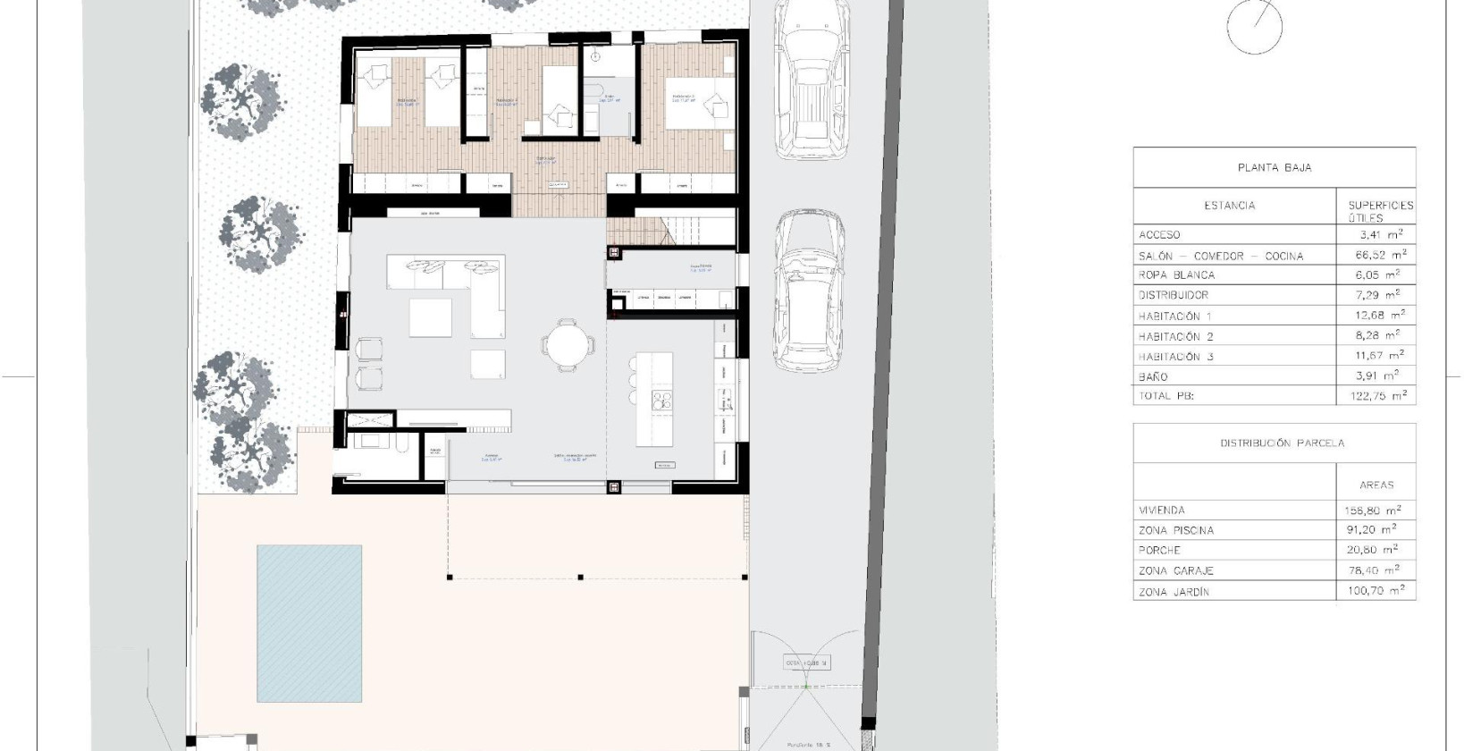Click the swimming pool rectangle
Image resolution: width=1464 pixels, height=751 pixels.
pos(309,624)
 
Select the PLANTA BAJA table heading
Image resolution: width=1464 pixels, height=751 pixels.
pos(1274,167)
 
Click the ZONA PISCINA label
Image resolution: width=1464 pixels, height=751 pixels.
pos(1176,530)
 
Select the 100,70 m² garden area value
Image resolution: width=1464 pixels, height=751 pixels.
pos(1376,591)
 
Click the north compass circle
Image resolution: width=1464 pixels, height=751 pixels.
pos(1256,26)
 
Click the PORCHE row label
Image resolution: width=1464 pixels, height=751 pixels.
pos(1159,551)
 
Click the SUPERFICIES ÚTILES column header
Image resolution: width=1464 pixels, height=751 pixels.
pos(1381,211)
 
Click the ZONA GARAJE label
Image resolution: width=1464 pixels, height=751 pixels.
pos(1175,570)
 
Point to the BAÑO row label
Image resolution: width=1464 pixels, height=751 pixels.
pos(1153,377)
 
